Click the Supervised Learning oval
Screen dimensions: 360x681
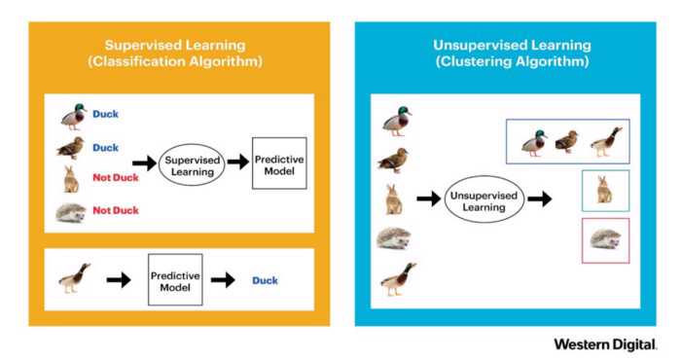(192, 163)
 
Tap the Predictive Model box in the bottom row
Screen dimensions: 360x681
(174, 280)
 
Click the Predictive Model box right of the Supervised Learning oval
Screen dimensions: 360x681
(272, 162)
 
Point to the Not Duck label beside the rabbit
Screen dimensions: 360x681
(115, 178)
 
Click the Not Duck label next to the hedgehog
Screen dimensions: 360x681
(115, 209)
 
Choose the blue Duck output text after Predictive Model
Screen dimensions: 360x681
(265, 281)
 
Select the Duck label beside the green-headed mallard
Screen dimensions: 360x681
(105, 114)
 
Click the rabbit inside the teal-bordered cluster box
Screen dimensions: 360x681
(604, 189)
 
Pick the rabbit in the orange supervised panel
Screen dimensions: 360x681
(70, 178)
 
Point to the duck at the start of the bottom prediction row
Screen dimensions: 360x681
(74, 279)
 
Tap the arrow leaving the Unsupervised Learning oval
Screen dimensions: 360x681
(539, 198)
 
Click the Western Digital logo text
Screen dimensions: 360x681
(605, 344)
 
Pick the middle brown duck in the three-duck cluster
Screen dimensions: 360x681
(566, 142)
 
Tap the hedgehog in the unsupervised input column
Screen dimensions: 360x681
(394, 238)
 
